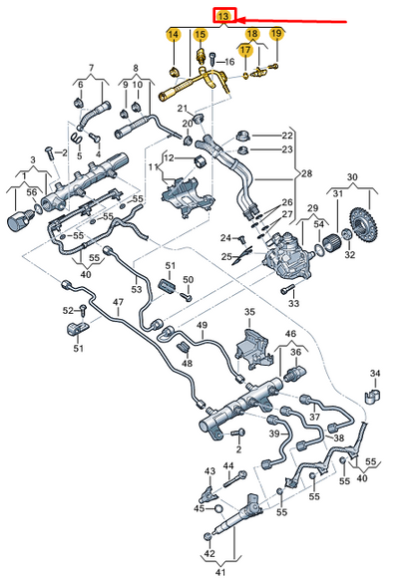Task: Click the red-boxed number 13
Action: pos(224,17)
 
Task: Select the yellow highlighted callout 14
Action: pos(173,36)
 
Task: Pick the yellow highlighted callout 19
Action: pos(276,35)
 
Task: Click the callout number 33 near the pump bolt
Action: pos(292,302)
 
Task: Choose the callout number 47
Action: pos(118,301)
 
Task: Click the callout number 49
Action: pos(202,325)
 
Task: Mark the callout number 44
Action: pos(228,466)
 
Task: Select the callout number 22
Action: pos(287,135)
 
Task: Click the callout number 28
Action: pos(306,171)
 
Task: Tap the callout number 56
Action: pos(31,193)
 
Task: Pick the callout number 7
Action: pos(91,68)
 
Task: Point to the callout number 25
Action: pos(226,258)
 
